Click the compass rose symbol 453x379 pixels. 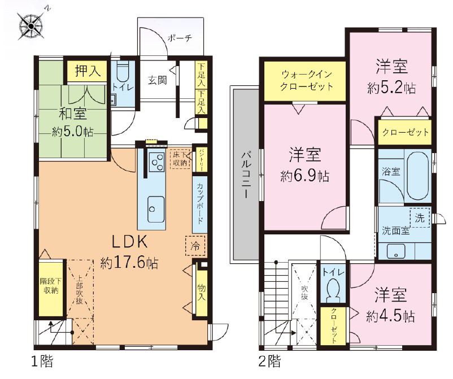[31, 27]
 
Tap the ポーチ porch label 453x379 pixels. [180, 38]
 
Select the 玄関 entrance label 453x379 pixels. [158, 80]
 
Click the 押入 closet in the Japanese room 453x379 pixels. [88, 71]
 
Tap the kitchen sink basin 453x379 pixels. [156, 210]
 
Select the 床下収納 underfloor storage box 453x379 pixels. [180, 158]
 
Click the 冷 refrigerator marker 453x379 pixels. [195, 246]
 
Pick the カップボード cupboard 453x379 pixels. [200, 204]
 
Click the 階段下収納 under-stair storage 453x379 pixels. [51, 289]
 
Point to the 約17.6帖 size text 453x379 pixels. [129, 263]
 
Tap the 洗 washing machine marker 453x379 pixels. [420, 217]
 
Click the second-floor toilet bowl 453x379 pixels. [334, 289]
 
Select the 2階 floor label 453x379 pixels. [269, 361]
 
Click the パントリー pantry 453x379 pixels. [200, 160]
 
